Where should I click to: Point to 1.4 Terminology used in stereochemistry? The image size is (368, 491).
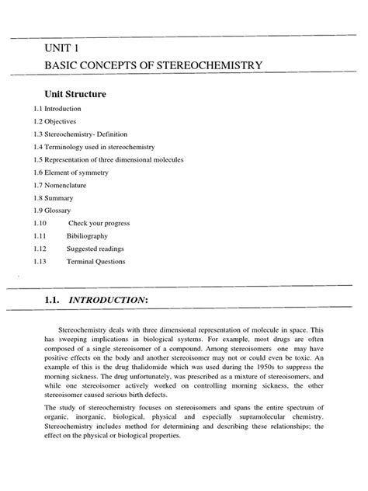100,147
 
